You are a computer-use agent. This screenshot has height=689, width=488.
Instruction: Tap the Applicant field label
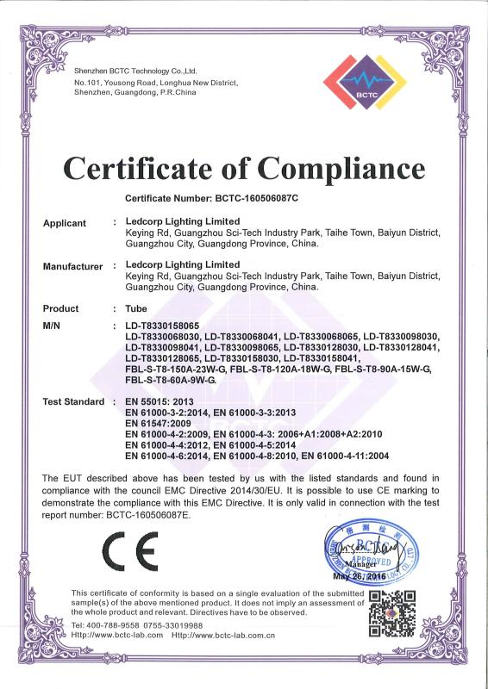(x=65, y=223)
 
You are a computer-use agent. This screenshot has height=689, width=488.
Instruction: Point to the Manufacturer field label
(x=72, y=266)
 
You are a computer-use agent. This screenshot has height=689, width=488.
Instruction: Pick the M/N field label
(x=55, y=326)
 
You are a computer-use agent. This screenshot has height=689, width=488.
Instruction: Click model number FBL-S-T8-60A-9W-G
(x=171, y=380)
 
